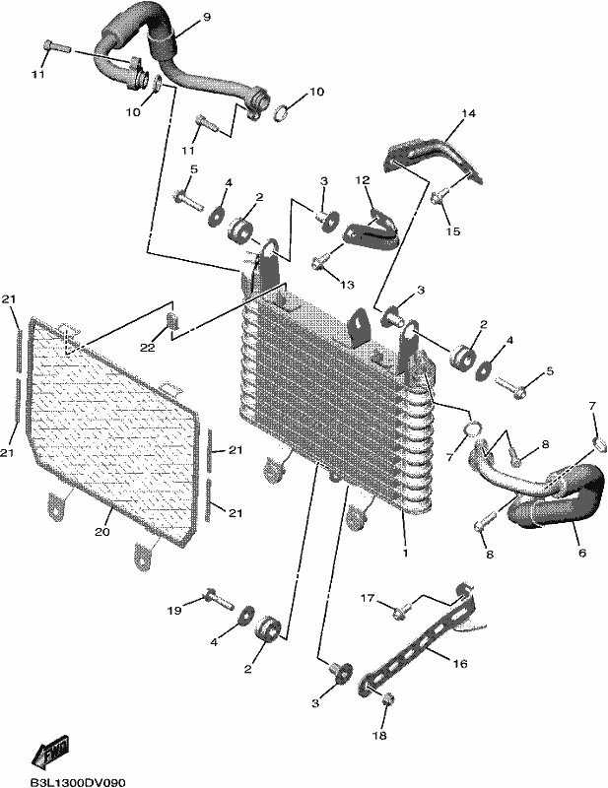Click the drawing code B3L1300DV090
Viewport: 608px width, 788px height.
[77, 782]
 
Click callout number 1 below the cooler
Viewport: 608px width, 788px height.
[405, 553]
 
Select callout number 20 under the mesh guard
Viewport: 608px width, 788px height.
[102, 531]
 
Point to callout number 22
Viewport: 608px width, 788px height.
[148, 348]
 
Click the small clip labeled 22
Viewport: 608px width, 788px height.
[172, 319]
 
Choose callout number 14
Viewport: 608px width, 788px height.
[468, 113]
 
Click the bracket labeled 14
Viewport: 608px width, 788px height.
[434, 160]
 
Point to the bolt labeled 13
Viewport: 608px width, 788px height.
[320, 261]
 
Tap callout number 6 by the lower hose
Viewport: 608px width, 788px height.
[582, 553]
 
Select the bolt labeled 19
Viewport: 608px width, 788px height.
[220, 599]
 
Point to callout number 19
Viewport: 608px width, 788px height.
[174, 611]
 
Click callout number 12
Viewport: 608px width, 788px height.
[363, 179]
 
